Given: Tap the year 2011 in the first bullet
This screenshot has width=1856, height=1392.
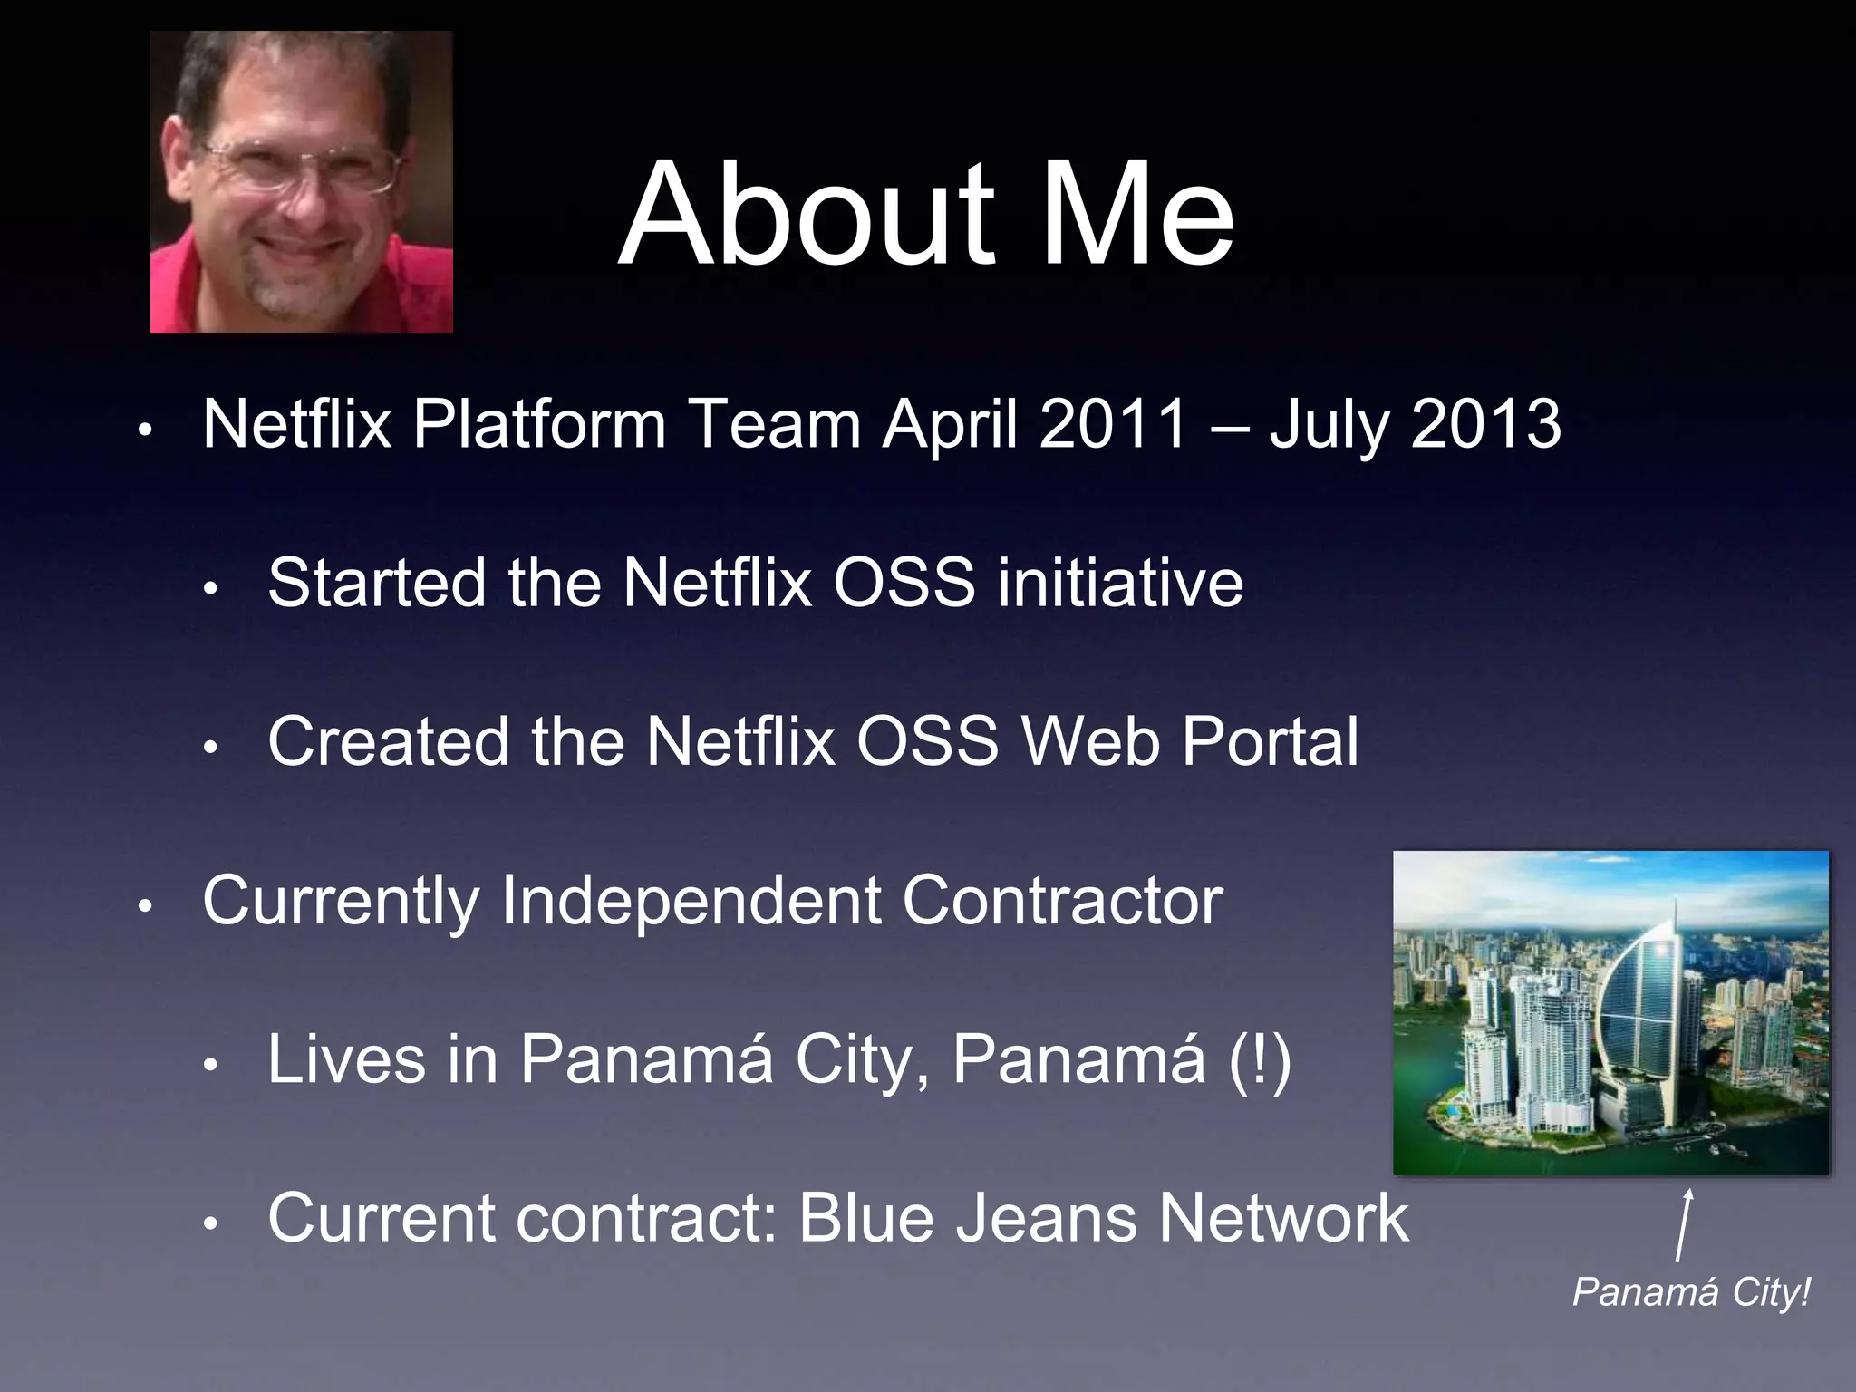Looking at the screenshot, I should click(1113, 423).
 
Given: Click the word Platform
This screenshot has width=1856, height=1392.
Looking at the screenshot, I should click(539, 425).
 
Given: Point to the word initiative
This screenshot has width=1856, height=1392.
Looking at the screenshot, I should click(1120, 583).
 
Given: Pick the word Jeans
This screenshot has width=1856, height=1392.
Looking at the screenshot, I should click(1047, 1218).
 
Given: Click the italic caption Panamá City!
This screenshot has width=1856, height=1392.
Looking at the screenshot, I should click(1690, 1292).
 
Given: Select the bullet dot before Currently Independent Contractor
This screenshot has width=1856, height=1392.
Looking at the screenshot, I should click(145, 905).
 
